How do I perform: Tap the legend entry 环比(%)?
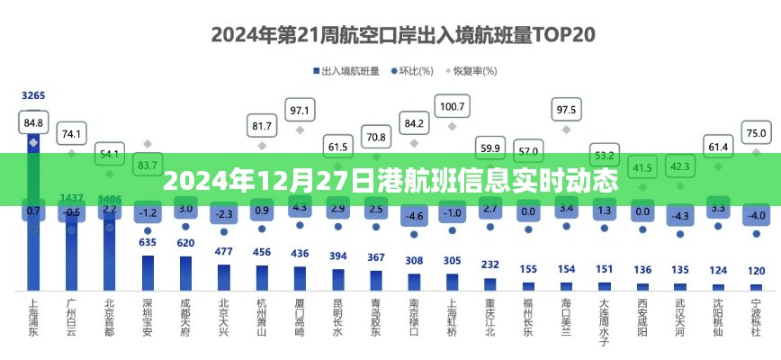coord(416,70)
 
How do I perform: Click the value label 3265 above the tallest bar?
coord(33,95)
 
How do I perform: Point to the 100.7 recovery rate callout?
coord(451,106)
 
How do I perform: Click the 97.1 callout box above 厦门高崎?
coord(300,111)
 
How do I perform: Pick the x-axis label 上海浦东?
coord(34,318)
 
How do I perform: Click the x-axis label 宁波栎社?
coord(757,318)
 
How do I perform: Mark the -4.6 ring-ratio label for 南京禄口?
coord(414,216)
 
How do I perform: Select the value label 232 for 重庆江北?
coord(489,265)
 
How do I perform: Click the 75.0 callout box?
coord(757,133)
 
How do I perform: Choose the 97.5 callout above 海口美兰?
coord(566,110)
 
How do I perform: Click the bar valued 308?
coord(414,281)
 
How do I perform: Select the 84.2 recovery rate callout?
coord(414,122)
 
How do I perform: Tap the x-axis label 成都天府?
coord(186,318)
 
